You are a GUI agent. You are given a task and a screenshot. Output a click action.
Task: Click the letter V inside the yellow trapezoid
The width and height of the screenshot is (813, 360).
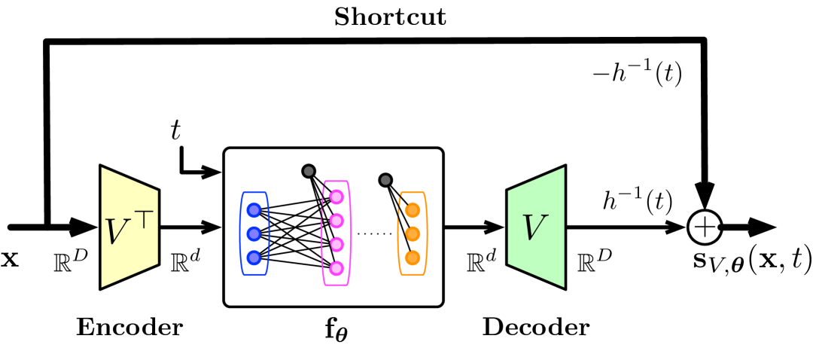(x=117, y=232)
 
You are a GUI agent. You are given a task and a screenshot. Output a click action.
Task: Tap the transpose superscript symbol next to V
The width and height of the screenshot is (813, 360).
(x=143, y=219)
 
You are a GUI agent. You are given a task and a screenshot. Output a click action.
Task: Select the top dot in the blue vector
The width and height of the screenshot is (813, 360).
(x=254, y=210)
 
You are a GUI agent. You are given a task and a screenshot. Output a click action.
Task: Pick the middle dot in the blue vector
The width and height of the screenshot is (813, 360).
(x=254, y=234)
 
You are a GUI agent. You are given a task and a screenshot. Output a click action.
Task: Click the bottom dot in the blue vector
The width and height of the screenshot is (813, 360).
(x=254, y=258)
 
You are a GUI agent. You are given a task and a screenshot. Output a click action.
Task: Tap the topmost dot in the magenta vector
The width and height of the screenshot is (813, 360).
(x=336, y=197)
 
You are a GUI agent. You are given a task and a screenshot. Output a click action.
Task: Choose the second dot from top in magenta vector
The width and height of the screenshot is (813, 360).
(x=336, y=221)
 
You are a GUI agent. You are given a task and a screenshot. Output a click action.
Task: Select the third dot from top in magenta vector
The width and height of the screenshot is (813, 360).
(x=336, y=245)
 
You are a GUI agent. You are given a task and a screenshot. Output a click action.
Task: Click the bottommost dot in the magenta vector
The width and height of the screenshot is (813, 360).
(x=336, y=268)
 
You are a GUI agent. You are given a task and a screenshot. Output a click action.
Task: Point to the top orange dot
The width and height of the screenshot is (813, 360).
(x=413, y=210)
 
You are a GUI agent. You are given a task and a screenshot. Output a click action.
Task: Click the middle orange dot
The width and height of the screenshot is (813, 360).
(x=413, y=234)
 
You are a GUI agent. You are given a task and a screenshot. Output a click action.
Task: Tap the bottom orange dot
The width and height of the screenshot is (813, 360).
(x=413, y=258)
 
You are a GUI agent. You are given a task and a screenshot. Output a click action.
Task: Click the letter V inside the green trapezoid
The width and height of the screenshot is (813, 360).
(x=534, y=228)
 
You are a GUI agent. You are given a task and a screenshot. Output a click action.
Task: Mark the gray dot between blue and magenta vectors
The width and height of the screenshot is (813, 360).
(x=309, y=171)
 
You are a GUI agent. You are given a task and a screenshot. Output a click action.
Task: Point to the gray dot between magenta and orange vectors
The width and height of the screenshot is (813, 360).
(x=385, y=180)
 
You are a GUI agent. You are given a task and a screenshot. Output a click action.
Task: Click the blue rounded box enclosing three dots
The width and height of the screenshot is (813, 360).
(x=242, y=233)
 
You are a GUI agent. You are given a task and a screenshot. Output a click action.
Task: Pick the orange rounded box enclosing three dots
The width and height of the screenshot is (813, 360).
(x=425, y=233)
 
